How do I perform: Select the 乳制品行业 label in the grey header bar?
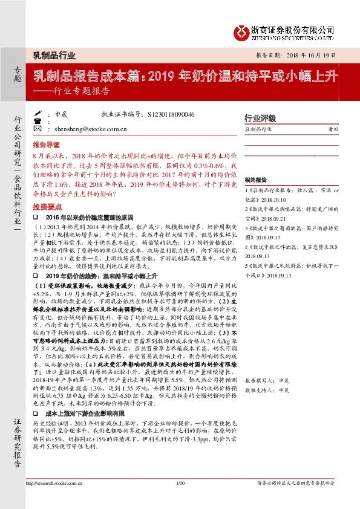point(54,55)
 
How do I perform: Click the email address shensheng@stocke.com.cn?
point(91,129)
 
